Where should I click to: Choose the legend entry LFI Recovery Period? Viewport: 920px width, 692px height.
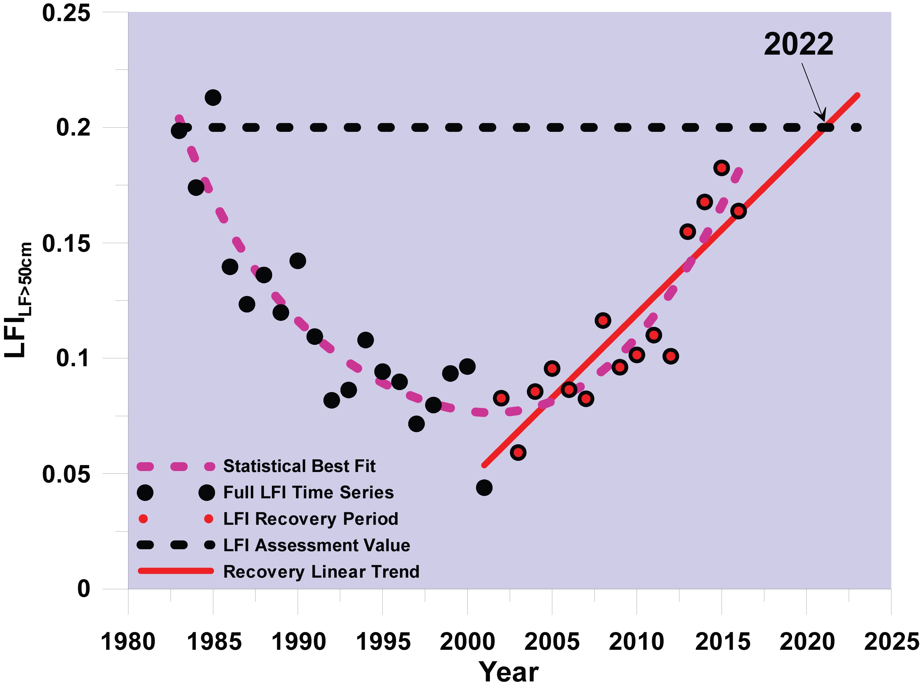(x=311, y=519)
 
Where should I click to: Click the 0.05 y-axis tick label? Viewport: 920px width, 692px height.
(x=66, y=474)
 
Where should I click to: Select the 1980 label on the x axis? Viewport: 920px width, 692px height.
(x=128, y=642)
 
